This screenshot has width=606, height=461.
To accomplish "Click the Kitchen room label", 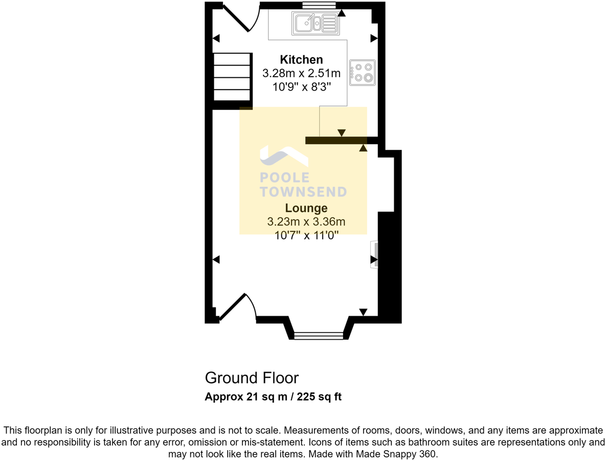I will (301, 59).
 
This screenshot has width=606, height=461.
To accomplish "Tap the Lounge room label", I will (306, 208).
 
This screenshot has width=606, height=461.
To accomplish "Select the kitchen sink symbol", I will (316, 23).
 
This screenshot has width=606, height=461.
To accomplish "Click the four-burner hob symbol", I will (362, 72).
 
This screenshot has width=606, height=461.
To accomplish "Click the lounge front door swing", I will (236, 306).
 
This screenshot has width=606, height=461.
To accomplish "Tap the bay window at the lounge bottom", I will (319, 335).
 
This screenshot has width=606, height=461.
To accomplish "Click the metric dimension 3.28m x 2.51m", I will (301, 74).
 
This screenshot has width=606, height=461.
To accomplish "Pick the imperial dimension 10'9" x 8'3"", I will (301, 87).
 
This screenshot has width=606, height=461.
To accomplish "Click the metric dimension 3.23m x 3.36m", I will (306, 222).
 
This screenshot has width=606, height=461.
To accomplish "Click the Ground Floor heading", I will (252, 378).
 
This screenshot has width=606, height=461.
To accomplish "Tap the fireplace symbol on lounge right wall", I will (375, 254).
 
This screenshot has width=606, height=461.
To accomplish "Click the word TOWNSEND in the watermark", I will (303, 192).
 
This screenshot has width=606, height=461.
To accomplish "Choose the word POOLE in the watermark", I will (285, 178).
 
